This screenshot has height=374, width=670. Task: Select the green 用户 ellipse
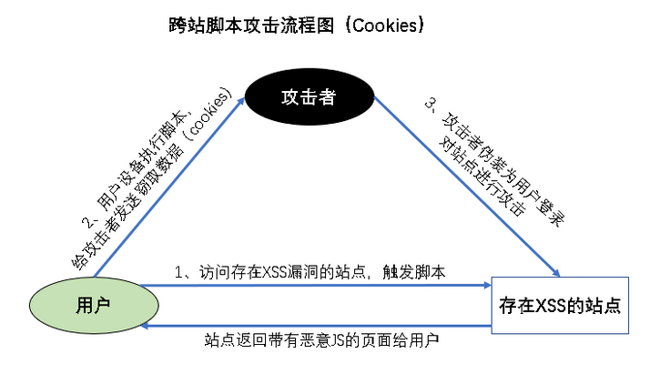click(x=88, y=304)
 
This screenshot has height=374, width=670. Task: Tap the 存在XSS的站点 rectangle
click(x=559, y=305)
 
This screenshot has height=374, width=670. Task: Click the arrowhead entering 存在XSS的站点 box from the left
click(x=488, y=286)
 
